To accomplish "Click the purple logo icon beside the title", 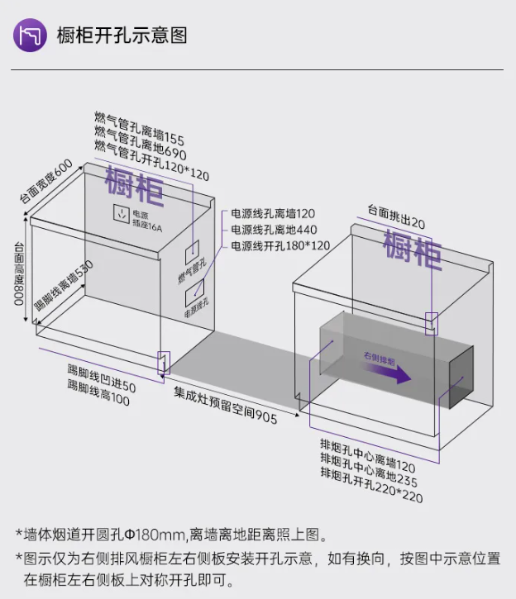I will [30, 35].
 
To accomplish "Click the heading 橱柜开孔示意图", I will [122, 36].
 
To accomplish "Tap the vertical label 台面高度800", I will [17, 273].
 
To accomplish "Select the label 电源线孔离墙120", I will [273, 213].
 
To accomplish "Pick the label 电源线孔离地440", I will [274, 230].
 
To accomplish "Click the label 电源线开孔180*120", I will [280, 246].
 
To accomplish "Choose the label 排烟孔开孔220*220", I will [371, 483].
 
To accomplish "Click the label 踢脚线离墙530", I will [63, 286].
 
